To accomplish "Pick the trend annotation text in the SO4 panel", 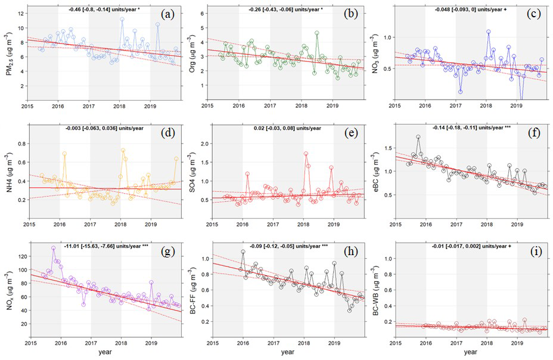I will coord(285,128).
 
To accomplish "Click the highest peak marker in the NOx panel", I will coord(54,248).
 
